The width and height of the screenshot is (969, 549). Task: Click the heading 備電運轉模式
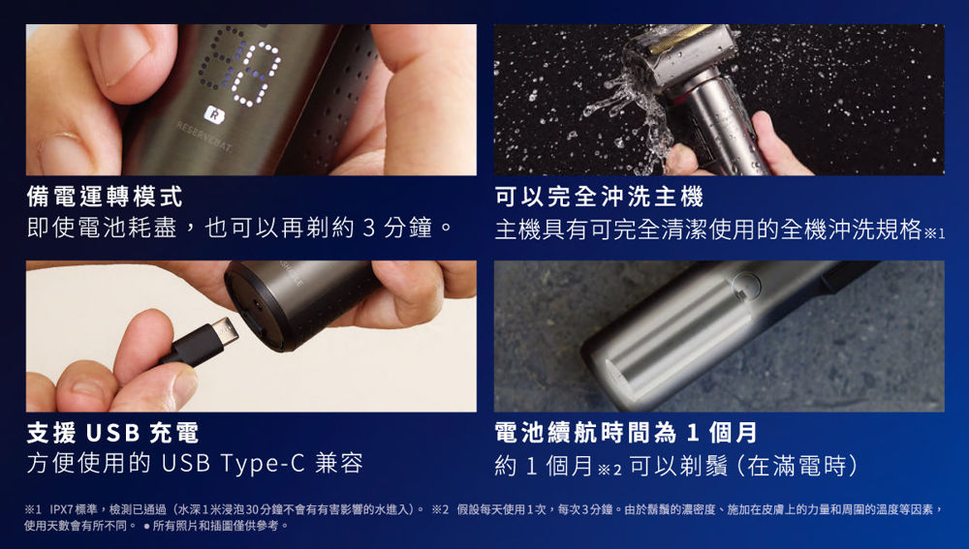[x=105, y=197]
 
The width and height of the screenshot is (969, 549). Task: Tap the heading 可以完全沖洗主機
[x=599, y=197]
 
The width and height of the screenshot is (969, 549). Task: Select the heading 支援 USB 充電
[x=112, y=433]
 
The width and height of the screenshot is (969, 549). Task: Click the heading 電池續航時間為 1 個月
[x=626, y=433]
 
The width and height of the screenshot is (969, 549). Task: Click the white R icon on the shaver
[x=214, y=114]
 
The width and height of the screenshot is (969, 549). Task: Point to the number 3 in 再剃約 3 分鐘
[x=369, y=229]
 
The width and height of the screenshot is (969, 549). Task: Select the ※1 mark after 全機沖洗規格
[x=934, y=232]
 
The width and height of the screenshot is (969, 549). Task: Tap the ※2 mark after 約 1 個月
[x=610, y=469]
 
